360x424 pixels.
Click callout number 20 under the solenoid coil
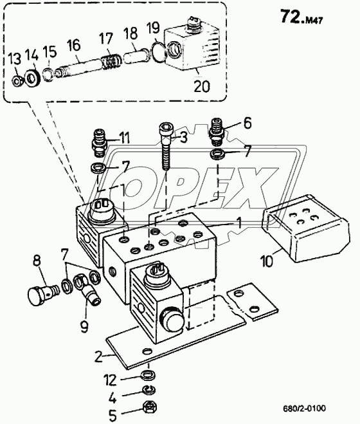point(202,86)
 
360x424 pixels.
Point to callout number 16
point(74,45)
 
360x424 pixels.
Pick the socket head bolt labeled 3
point(165,147)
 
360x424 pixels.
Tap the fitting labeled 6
point(218,130)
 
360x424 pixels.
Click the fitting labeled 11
point(100,143)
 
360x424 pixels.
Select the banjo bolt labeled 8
point(43,294)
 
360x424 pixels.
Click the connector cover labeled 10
point(305,228)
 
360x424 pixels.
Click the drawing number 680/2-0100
point(304,408)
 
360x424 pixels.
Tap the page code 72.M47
point(301,17)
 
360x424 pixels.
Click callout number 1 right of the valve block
point(239,223)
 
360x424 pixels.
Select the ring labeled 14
point(33,78)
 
